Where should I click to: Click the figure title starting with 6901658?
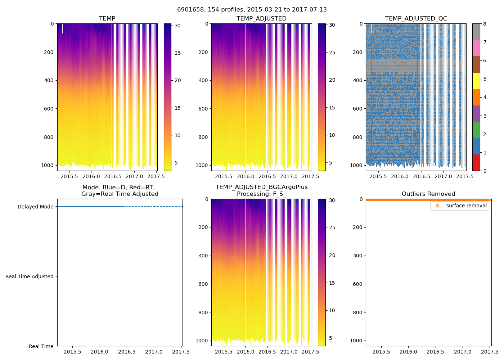pos(252,10)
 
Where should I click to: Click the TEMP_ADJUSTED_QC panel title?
pos(416,19)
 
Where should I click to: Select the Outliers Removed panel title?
pos(428,194)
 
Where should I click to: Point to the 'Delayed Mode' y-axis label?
pos(35,207)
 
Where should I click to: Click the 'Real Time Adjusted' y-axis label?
pos(29,276)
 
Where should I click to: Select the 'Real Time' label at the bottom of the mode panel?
pos(41,346)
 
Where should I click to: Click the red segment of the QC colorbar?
pos(476,163)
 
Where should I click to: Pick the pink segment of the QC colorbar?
pos(476,48)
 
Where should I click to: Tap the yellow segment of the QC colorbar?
pos(476,81)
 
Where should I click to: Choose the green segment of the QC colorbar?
pos(476,130)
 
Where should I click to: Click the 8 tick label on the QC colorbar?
pos(485,24)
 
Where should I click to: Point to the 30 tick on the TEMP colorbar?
pos(177,26)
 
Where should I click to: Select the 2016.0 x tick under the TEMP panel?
pos(91,176)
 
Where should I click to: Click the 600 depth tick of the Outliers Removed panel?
pos(358,284)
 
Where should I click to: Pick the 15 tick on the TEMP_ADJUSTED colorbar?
pos(332,108)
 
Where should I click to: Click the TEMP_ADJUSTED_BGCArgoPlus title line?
pos(261,187)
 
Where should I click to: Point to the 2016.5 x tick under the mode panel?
pos(127,352)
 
